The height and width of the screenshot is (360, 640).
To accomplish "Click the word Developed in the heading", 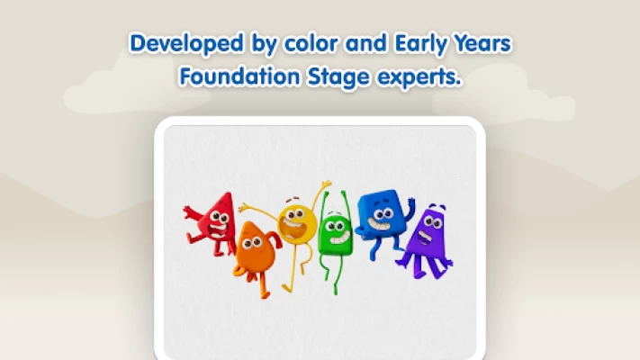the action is (186, 44).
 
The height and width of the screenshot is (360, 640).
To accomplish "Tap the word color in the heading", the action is (311, 43).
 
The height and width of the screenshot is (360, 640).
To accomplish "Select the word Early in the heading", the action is (421, 44).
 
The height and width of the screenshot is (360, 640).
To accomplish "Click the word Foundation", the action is (239, 76).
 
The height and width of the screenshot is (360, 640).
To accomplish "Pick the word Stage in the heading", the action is (338, 77).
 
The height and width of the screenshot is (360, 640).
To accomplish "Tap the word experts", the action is (419, 77).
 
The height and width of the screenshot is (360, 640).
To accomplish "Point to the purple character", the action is (427, 241).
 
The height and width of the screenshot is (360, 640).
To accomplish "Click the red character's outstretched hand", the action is (188, 211).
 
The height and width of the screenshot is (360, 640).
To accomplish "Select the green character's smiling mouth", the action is (339, 238).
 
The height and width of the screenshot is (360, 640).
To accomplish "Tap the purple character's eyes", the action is (433, 222).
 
